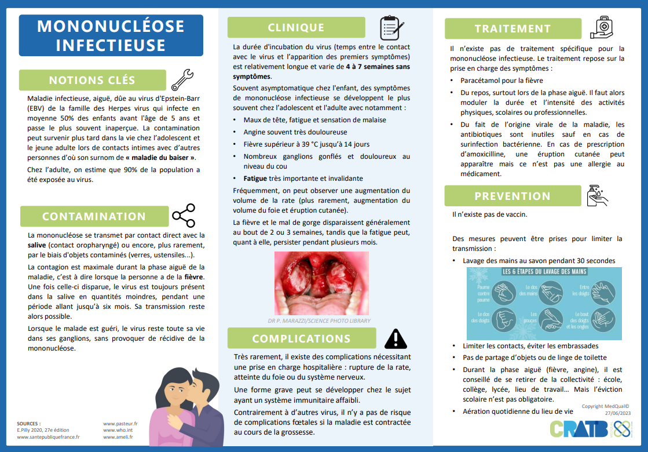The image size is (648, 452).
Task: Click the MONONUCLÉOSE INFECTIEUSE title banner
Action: coord(111,35)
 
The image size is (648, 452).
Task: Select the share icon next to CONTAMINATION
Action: coord(184,216)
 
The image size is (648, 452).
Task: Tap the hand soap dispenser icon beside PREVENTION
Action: coord(597,196)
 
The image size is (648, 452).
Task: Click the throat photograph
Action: coord(321,283)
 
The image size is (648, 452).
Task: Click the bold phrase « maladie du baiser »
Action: coord(160,157)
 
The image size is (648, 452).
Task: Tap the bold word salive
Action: coord(37,246)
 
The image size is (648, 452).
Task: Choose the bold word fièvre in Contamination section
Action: coord(194,277)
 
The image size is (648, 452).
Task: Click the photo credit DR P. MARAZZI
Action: coord(319,320)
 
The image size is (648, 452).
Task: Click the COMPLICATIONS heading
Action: coord(301,338)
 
